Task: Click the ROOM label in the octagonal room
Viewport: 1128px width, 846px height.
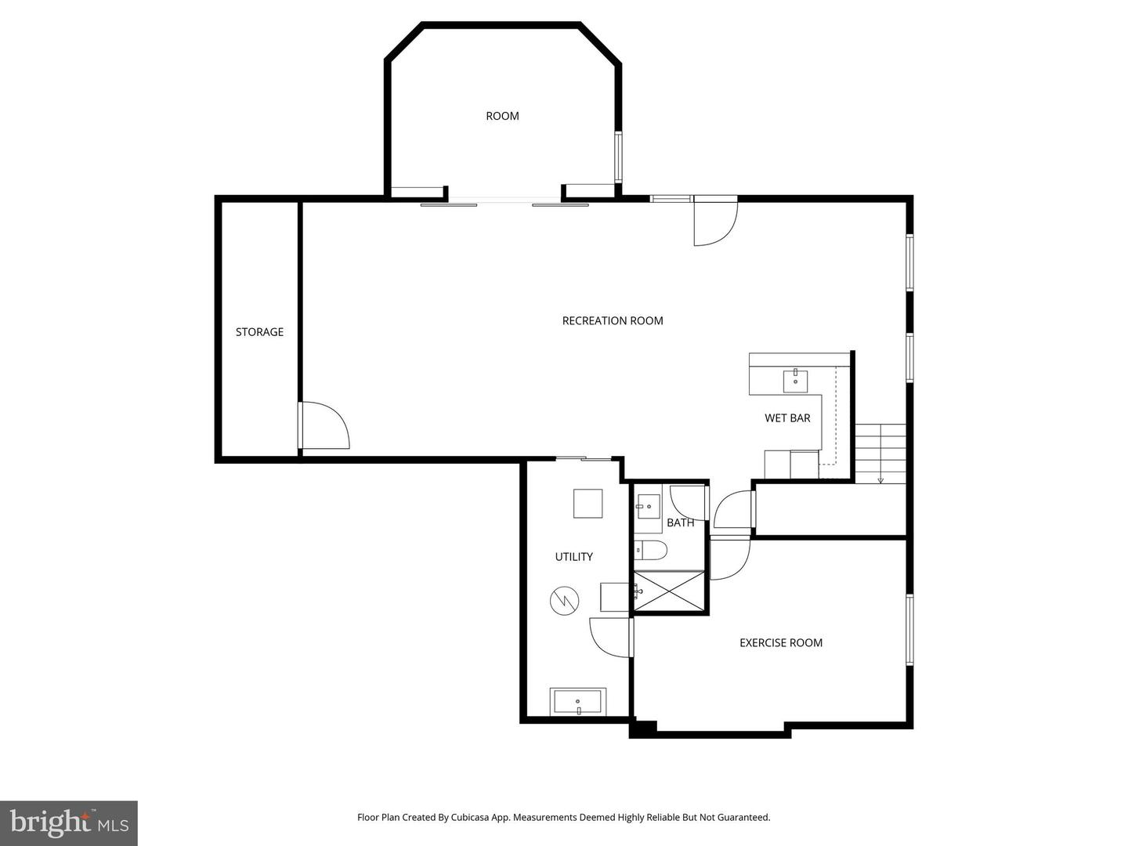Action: point(502,116)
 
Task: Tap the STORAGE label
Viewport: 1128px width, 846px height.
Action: point(259,332)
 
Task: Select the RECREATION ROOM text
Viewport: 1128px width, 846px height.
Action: point(613,320)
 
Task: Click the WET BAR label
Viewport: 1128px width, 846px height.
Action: point(787,418)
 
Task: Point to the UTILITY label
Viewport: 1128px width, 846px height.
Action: point(573,557)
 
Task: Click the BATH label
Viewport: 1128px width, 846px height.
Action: point(680,522)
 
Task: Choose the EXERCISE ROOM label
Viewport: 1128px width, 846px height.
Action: point(780,643)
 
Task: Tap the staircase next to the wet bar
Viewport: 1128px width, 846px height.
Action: point(880,454)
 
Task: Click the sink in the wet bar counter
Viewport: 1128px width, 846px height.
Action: point(795,381)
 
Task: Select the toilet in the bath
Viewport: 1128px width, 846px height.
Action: point(649,550)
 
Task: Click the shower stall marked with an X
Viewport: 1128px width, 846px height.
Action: point(670,591)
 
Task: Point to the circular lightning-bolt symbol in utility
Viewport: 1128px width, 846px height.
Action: point(564,602)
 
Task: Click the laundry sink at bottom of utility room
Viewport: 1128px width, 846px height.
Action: point(578,702)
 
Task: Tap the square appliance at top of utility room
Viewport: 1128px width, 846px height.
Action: point(587,503)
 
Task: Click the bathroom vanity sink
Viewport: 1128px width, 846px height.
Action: point(648,507)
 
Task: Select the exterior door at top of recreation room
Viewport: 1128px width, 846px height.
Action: point(714,222)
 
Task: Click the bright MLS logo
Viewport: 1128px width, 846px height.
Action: point(69,822)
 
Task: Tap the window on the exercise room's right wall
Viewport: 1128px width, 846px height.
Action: point(909,630)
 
